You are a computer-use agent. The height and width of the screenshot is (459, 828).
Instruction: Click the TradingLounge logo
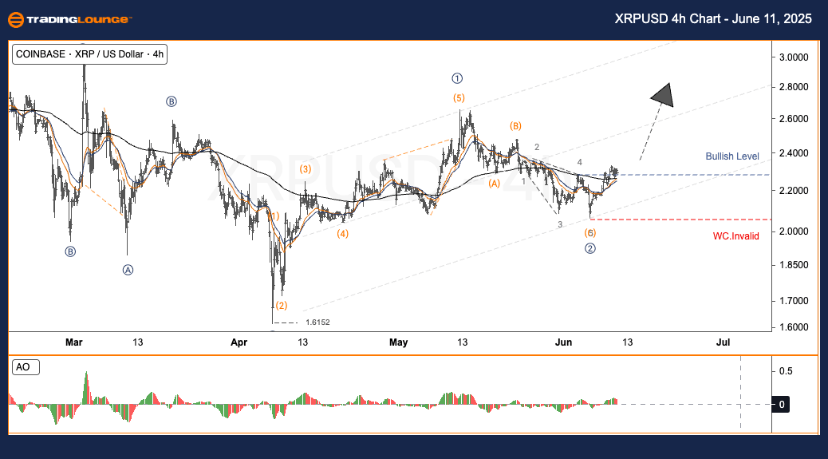click(x=69, y=20)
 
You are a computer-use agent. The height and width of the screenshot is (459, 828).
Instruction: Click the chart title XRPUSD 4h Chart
click(x=713, y=19)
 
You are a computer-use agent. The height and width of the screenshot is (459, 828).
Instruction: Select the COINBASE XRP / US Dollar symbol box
click(x=89, y=54)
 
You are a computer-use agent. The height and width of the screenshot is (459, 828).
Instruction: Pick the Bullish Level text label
click(x=732, y=156)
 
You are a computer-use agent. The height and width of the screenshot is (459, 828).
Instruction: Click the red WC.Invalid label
click(x=735, y=235)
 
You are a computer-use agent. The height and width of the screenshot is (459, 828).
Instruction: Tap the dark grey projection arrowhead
click(x=663, y=94)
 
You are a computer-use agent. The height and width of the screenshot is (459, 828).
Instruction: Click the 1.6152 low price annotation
click(x=317, y=322)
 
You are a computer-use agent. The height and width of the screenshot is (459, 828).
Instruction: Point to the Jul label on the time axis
click(x=723, y=342)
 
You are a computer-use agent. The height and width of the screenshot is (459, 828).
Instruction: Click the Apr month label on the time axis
click(x=239, y=342)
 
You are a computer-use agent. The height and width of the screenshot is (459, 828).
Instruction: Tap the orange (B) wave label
click(x=516, y=126)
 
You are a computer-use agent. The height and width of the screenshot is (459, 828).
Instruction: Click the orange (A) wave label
click(x=495, y=184)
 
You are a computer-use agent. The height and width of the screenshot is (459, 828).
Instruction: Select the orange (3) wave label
click(x=306, y=169)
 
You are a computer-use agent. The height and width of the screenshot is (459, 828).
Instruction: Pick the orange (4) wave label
click(x=342, y=234)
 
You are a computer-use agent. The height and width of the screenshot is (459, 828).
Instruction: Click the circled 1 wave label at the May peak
click(x=457, y=78)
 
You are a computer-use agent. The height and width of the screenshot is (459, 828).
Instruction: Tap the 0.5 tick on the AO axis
click(x=787, y=371)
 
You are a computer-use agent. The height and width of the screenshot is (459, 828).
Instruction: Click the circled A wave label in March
click(x=128, y=270)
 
